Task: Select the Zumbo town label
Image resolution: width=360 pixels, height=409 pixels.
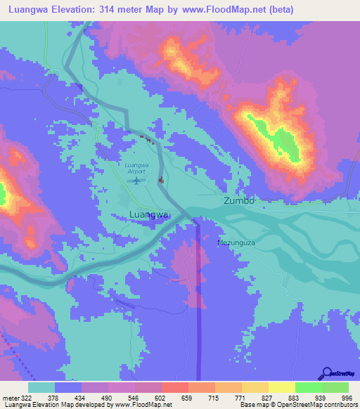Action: click(x=238, y=200)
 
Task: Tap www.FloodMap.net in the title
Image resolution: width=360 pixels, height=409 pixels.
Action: click(x=226, y=10)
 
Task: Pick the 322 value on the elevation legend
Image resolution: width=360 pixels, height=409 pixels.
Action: click(x=27, y=398)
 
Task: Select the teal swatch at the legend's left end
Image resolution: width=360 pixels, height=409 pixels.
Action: click(x=41, y=387)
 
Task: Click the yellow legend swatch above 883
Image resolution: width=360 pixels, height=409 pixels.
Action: click(x=282, y=387)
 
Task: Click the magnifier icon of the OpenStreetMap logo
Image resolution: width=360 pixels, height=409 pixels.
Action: click(x=326, y=373)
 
